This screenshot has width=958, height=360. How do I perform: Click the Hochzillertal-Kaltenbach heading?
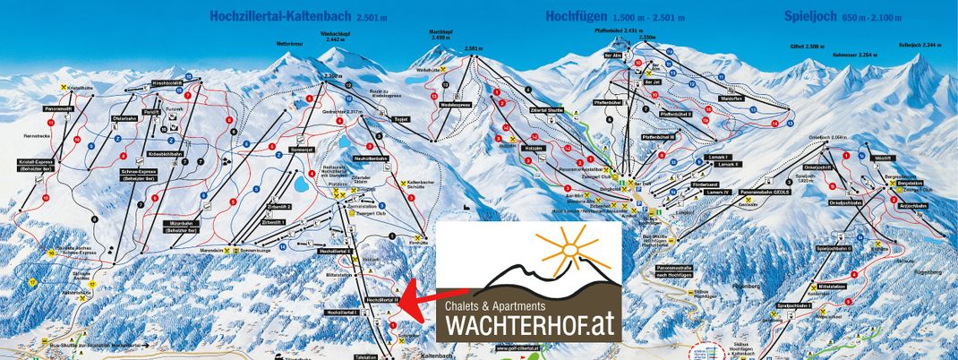[x=282, y=15]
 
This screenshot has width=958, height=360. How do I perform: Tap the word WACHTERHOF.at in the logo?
[x=529, y=328]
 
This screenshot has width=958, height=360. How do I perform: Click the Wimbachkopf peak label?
[x=332, y=37]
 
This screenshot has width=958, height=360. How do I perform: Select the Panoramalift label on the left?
[x=58, y=109]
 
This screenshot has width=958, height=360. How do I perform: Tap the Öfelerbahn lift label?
[x=123, y=118]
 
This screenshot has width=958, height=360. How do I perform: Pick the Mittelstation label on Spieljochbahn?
[x=832, y=287]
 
